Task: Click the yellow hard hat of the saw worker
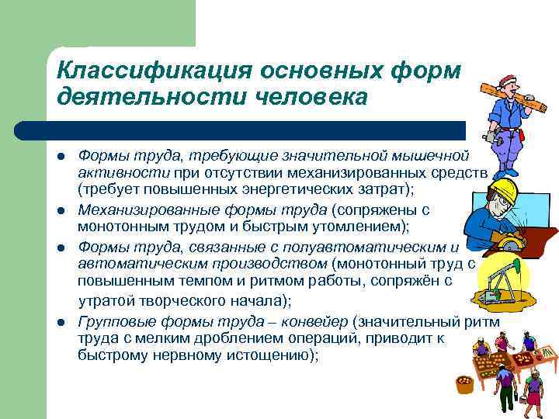click(505, 189)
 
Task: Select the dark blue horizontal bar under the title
click(233, 130)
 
